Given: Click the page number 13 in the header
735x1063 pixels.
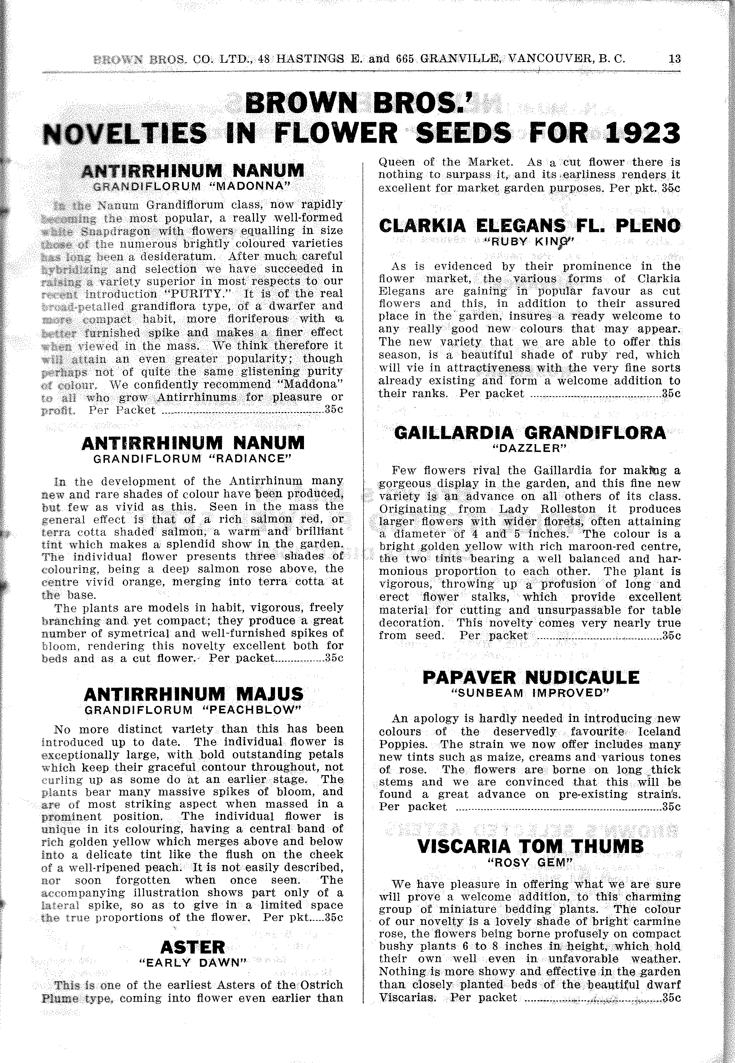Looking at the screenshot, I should [675, 59].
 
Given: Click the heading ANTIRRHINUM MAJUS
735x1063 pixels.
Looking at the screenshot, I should [194, 694].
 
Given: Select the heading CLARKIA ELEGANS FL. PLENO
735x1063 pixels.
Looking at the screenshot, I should [529, 225].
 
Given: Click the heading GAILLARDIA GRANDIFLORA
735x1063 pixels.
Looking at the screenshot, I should [530, 433].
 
